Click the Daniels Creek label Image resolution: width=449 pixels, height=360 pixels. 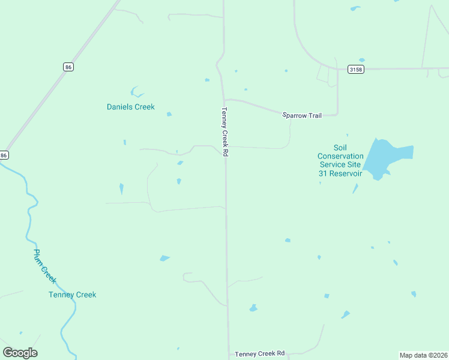coord(130,107)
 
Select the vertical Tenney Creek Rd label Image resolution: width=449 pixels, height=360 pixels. coord(224,132)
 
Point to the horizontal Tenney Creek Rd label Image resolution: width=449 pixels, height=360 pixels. coord(259,354)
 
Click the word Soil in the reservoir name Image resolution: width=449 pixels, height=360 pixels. coord(340,148)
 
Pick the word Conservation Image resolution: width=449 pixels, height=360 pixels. coord(340,156)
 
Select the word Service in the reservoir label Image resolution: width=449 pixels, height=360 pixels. coord(331,164)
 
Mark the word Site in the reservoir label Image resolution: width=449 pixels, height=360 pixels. coord(354,164)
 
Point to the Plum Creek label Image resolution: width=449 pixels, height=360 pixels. coord(44,266)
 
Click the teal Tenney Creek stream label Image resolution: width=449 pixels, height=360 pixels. coord(72,295)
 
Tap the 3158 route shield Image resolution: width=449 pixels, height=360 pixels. coord(355,69)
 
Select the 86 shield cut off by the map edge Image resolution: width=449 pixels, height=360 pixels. coord(4,155)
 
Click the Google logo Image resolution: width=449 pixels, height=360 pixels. coord(20,353)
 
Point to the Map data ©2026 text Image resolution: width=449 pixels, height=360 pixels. coord(424,355)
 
